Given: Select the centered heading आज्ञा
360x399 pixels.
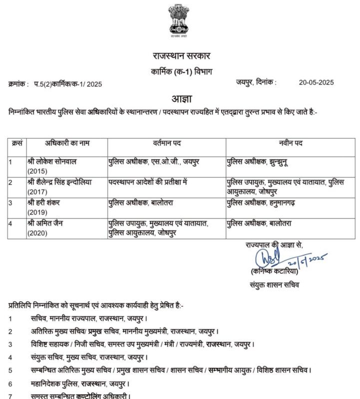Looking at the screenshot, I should [180, 97].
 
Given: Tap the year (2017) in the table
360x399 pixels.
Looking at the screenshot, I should [37, 191].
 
